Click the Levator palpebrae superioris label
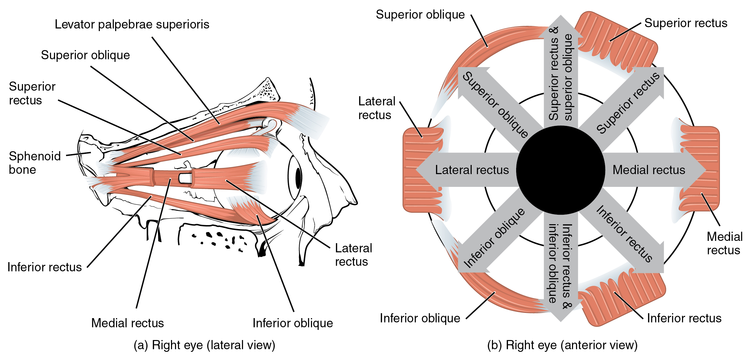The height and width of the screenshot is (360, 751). (132, 25)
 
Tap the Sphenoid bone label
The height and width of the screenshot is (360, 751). (34, 163)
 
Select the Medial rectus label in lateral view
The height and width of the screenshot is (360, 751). (127, 323)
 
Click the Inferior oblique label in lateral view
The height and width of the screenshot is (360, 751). (292, 323)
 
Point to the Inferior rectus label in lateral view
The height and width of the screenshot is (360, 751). (44, 267)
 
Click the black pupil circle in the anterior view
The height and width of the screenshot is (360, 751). (561, 170)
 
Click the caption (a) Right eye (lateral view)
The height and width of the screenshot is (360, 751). (204, 345)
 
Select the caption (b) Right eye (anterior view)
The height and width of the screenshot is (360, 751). (562, 345)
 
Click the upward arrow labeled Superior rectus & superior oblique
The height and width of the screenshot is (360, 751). (561, 75)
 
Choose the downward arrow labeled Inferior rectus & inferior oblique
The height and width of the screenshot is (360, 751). (561, 265)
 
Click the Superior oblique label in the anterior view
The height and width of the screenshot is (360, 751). (420, 15)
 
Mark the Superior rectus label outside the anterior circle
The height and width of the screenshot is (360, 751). (686, 23)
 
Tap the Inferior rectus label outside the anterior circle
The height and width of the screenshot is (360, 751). (684, 318)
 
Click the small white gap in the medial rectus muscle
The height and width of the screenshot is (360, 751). (185, 178)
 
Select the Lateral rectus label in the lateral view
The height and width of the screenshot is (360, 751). (353, 255)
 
